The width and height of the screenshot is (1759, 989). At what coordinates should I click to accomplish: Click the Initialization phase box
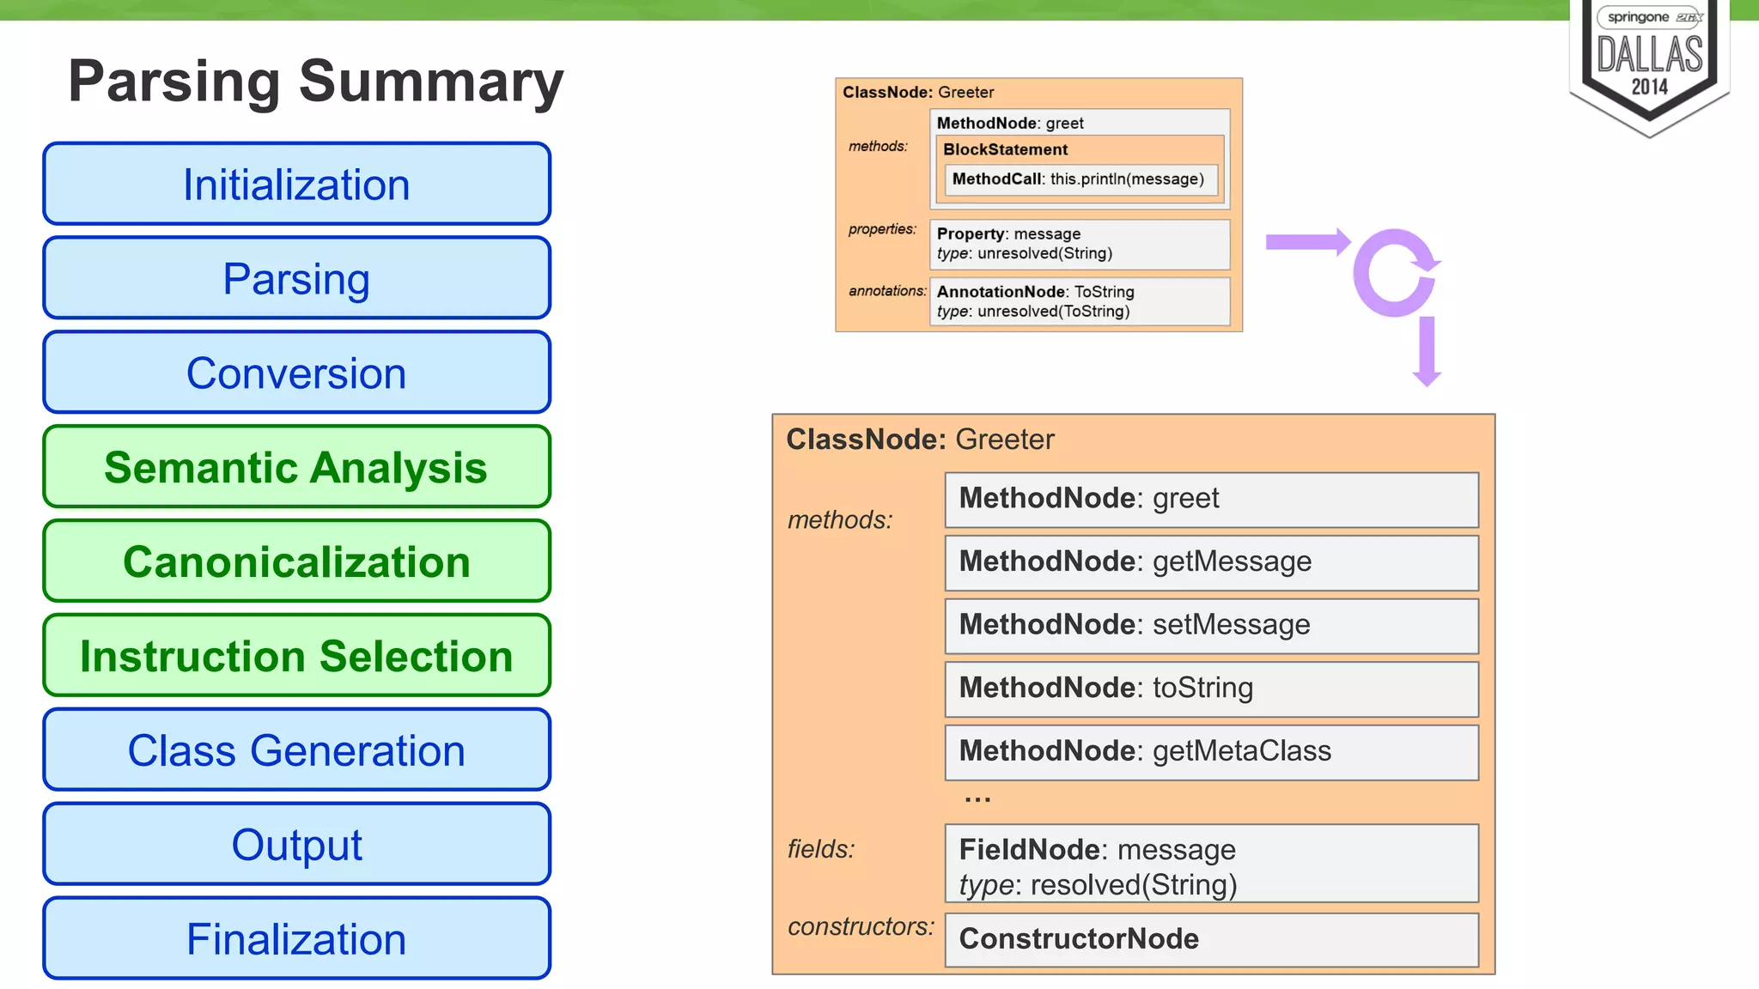[296, 184]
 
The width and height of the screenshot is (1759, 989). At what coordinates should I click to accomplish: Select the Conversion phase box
[296, 373]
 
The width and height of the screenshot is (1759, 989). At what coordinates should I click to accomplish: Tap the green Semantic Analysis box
[296, 467]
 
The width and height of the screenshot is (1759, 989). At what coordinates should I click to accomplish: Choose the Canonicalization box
[296, 561]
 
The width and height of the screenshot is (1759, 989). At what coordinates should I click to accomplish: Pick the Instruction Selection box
[296, 656]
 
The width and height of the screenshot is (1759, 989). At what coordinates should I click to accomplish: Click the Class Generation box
[296, 750]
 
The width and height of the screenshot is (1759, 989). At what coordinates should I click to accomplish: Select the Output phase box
[296, 845]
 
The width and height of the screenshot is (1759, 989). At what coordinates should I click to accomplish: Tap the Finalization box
[296, 938]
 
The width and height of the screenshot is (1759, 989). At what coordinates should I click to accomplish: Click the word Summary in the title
[431, 82]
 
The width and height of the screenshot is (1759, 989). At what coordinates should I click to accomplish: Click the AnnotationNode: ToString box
[1080, 301]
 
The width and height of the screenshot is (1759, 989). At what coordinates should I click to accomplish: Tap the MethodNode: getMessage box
[1211, 562]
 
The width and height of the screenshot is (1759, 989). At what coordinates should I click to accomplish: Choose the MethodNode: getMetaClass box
[1211, 752]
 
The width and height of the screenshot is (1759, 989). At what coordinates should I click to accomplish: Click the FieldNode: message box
[1211, 864]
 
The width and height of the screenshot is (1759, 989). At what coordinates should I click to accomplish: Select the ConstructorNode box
[1211, 939]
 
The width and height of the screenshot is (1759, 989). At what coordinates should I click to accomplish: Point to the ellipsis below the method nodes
[977, 799]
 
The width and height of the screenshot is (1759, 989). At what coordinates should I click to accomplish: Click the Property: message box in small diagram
[1080, 244]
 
